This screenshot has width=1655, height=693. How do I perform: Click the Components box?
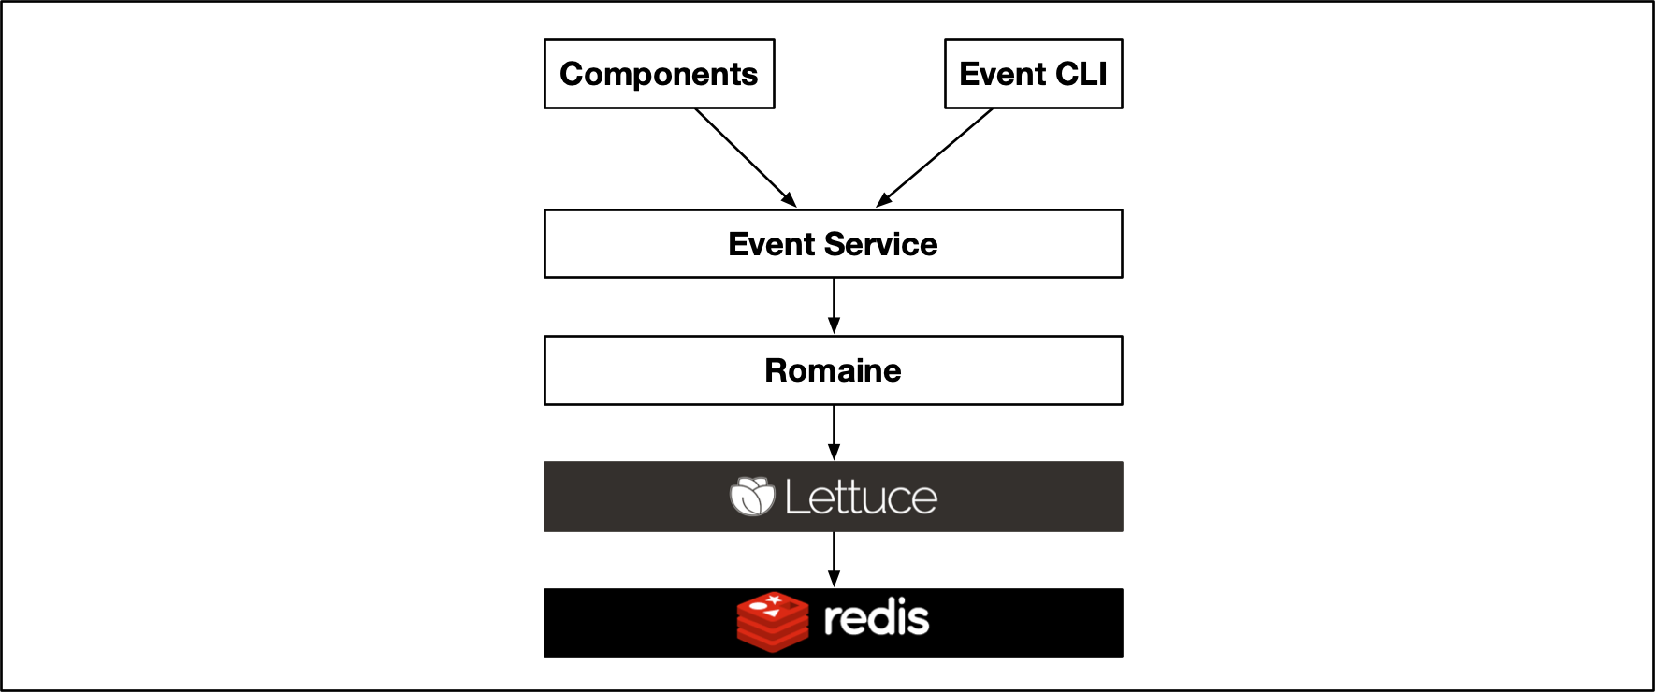659,74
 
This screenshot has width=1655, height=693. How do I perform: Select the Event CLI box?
1033,74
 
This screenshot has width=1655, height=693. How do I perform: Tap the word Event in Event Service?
771,244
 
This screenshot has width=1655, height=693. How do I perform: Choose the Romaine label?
833,370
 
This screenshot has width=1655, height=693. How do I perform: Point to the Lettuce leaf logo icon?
752,497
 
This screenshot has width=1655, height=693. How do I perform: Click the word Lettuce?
860,498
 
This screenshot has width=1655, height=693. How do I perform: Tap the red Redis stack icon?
772,621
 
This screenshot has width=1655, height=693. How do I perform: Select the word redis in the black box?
876,619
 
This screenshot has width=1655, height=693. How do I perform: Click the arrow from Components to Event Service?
744,156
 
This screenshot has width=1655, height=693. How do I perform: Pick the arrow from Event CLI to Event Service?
936,156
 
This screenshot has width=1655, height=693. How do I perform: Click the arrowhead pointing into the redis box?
834,580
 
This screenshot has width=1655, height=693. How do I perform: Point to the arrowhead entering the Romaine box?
834,326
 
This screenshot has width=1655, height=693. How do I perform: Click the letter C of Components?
572,74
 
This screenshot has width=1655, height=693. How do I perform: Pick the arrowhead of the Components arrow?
790,200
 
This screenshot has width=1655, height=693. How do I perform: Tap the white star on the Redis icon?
774,599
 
